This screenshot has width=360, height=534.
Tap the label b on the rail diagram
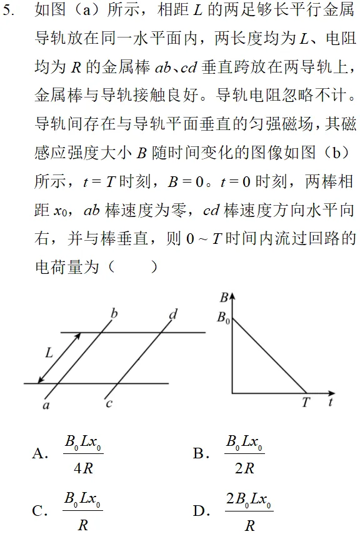[114, 313]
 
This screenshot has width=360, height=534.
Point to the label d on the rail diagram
[173, 313]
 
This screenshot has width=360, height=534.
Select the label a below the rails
[46, 405]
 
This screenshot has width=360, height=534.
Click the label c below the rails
[109, 403]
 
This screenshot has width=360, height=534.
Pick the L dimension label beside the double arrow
[49, 353]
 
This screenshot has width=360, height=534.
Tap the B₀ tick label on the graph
[222, 318]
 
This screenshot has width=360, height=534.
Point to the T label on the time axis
[306, 402]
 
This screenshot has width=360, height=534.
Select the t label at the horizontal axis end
[329, 402]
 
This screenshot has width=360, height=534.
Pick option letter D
[200, 511]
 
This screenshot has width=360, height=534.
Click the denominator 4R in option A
[83, 467]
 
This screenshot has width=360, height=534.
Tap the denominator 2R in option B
[244, 467]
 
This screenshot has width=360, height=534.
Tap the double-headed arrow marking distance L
[59, 358]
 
